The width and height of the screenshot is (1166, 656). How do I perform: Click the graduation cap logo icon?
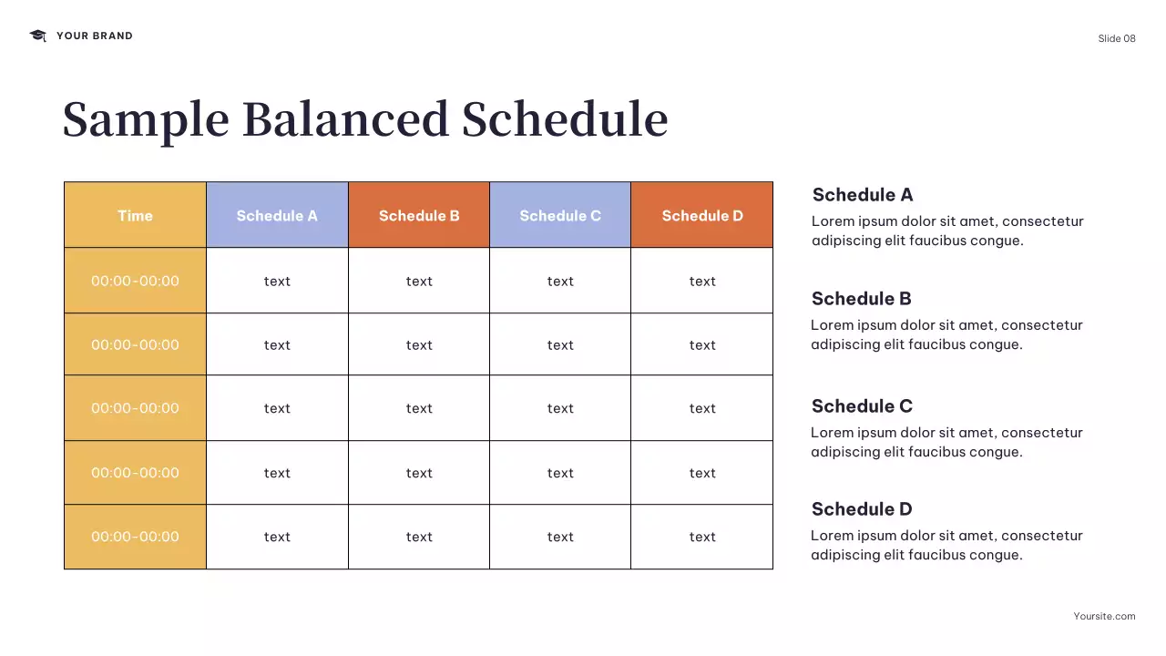37,36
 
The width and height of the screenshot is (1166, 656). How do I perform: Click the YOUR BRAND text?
94,36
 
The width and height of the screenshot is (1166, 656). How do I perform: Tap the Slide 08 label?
1116,38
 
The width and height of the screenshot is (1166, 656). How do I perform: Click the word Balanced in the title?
345,119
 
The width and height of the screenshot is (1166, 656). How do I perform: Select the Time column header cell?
135,216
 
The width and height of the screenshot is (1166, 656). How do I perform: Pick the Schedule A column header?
277,216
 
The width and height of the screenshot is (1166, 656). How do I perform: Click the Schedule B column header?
419,216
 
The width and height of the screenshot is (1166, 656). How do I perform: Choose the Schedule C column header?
560,216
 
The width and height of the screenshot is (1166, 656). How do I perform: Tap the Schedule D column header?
702,216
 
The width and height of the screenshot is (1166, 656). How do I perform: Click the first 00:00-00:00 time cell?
135,281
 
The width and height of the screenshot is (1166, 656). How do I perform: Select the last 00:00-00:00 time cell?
135,537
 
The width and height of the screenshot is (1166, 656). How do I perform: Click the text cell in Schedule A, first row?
277,281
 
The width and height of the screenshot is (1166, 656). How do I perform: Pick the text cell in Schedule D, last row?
702,537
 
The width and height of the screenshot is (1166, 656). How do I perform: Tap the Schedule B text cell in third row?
419,408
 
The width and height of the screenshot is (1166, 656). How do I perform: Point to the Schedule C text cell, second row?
560,344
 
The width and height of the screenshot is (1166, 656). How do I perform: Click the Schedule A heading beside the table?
862,195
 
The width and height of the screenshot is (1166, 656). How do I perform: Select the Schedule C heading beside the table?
862,406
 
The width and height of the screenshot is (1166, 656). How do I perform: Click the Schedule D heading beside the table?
862,509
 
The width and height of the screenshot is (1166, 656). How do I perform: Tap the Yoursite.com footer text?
1104,616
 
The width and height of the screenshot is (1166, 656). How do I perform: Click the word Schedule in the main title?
565,119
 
